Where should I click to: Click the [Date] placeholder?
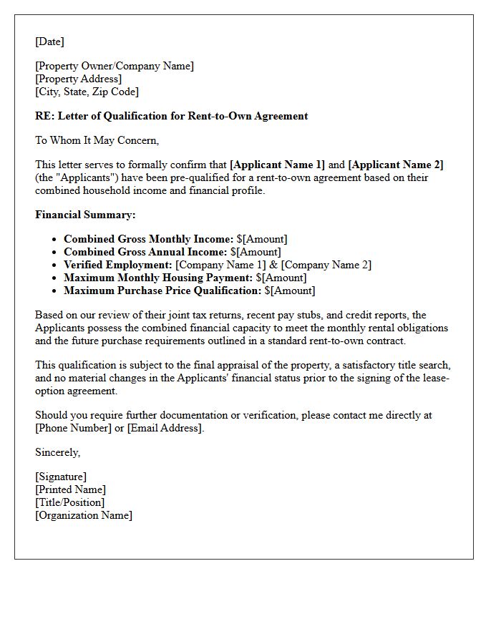pyautogui.click(x=49, y=42)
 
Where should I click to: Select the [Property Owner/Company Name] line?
pyautogui.click(x=115, y=66)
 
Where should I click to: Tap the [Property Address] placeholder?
pyautogui.click(x=78, y=79)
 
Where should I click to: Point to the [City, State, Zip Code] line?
pyautogui.click(x=87, y=92)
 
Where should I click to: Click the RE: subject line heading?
pyautogui.click(x=171, y=116)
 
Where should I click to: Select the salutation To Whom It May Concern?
pyautogui.click(x=97, y=140)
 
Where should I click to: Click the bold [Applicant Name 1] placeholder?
pyautogui.click(x=277, y=165)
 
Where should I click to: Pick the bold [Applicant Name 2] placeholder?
pyautogui.click(x=396, y=165)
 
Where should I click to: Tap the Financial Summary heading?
pyautogui.click(x=85, y=215)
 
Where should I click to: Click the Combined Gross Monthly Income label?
pyautogui.click(x=148, y=239)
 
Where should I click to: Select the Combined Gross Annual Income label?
pyautogui.click(x=145, y=252)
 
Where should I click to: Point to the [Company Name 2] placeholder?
pyautogui.click(x=326, y=265)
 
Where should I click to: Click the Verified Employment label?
pyautogui.click(x=118, y=265)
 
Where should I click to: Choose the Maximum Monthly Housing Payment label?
pyautogui.click(x=158, y=278)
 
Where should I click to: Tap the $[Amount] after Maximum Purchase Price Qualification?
pyautogui.click(x=290, y=291)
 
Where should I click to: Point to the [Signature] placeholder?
pyautogui.click(x=61, y=477)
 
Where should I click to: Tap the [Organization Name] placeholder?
pyautogui.click(x=84, y=515)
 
